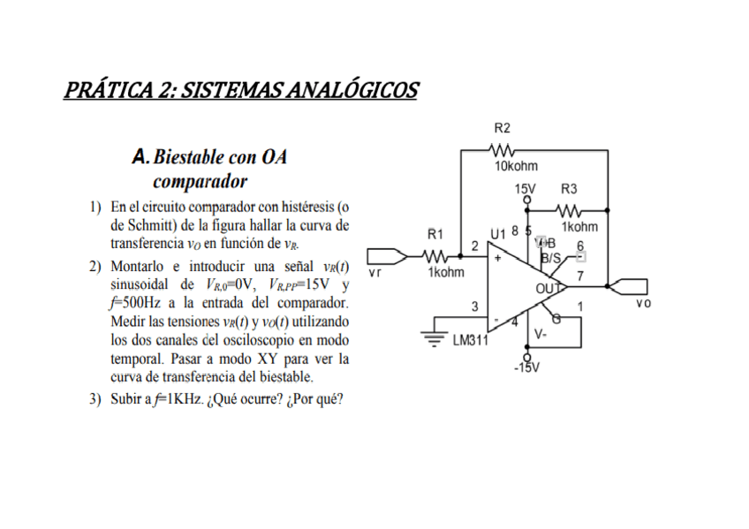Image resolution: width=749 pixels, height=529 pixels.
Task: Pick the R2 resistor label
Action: point(502,128)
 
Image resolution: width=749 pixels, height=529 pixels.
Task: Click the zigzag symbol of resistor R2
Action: point(504,150)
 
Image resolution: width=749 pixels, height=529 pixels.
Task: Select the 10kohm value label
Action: point(516,166)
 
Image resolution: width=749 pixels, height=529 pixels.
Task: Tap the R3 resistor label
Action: point(569,189)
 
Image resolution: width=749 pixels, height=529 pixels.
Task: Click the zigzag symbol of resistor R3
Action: point(570,210)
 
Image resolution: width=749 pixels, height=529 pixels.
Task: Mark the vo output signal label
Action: point(643,303)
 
